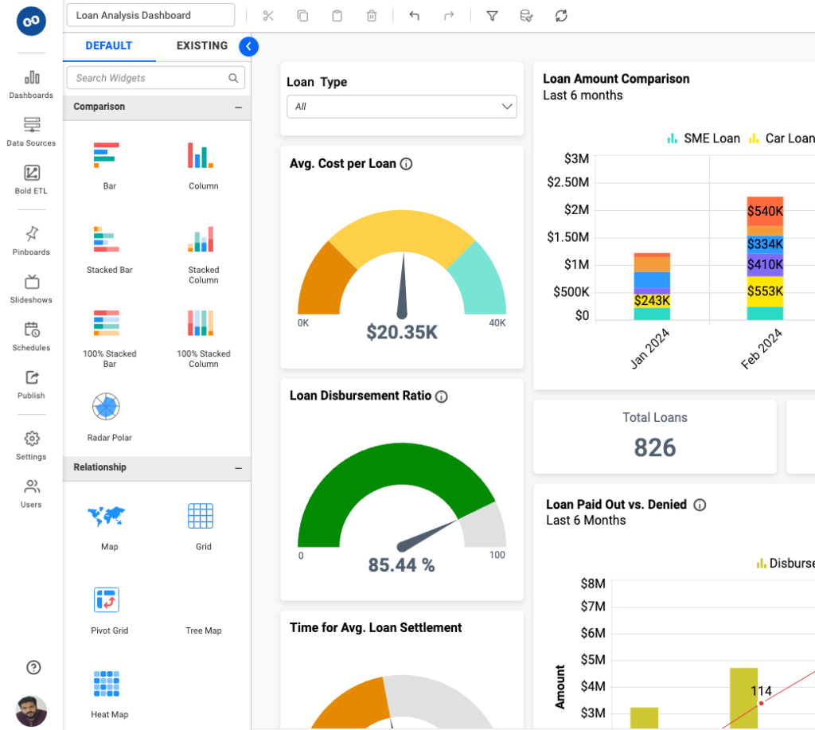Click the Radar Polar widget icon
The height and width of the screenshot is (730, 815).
[x=106, y=407]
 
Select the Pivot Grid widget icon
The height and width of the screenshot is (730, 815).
[x=106, y=599]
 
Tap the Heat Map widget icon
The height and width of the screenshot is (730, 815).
[x=106, y=684]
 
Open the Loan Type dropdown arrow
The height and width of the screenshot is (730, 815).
[x=507, y=107]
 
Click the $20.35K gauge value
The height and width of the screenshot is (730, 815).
[x=402, y=332]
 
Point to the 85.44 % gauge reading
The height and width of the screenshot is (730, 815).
[x=401, y=565]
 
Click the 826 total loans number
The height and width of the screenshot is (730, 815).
[x=655, y=447]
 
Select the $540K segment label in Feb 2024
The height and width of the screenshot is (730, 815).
[x=765, y=212]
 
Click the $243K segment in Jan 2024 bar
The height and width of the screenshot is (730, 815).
[x=652, y=301]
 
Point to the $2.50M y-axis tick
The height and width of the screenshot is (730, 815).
[x=567, y=182]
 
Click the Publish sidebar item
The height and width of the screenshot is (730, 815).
[x=32, y=384]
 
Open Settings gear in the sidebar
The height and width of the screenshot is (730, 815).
[x=32, y=439]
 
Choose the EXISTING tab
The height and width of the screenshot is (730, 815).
[x=202, y=45]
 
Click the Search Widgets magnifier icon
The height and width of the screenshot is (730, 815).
[x=233, y=78]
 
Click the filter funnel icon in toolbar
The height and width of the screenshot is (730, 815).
[x=492, y=15]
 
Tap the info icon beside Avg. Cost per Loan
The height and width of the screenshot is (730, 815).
[x=406, y=164]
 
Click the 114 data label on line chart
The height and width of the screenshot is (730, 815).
[x=762, y=690]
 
